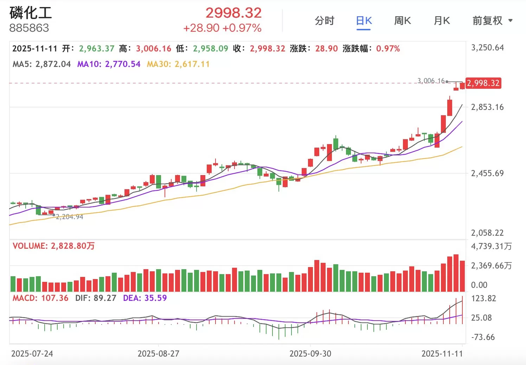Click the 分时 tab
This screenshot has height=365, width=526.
pyautogui.click(x=324, y=21)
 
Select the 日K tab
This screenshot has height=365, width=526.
pyautogui.click(x=364, y=21)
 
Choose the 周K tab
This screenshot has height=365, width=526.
pyautogui.click(x=402, y=21)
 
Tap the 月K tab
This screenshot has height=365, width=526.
pyautogui.click(x=442, y=21)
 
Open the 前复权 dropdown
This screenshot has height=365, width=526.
pyautogui.click(x=492, y=21)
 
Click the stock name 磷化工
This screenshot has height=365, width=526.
pyautogui.click(x=31, y=13)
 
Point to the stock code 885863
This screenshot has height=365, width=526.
pyautogui.click(x=29, y=28)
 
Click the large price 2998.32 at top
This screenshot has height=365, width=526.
pyautogui.click(x=233, y=13)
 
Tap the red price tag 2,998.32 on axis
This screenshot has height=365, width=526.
pyautogui.click(x=483, y=83)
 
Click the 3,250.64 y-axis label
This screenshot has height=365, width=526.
pyautogui.click(x=487, y=48)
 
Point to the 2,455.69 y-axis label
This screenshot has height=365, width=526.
pyautogui.click(x=487, y=173)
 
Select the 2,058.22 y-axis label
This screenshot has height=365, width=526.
pyautogui.click(x=487, y=233)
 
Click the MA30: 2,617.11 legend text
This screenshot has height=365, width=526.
pyautogui.click(x=178, y=64)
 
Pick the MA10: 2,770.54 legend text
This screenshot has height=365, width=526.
pyautogui.click(x=109, y=64)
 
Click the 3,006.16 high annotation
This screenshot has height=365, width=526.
pyautogui.click(x=431, y=81)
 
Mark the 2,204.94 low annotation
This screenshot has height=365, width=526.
pyautogui.click(x=70, y=217)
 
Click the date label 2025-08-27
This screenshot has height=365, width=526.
pyautogui.click(x=158, y=354)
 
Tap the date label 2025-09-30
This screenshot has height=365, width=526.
pyautogui.click(x=310, y=354)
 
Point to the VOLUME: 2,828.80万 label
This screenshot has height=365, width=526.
pyautogui.click(x=53, y=246)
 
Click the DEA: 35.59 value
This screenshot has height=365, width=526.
pyautogui.click(x=145, y=298)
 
